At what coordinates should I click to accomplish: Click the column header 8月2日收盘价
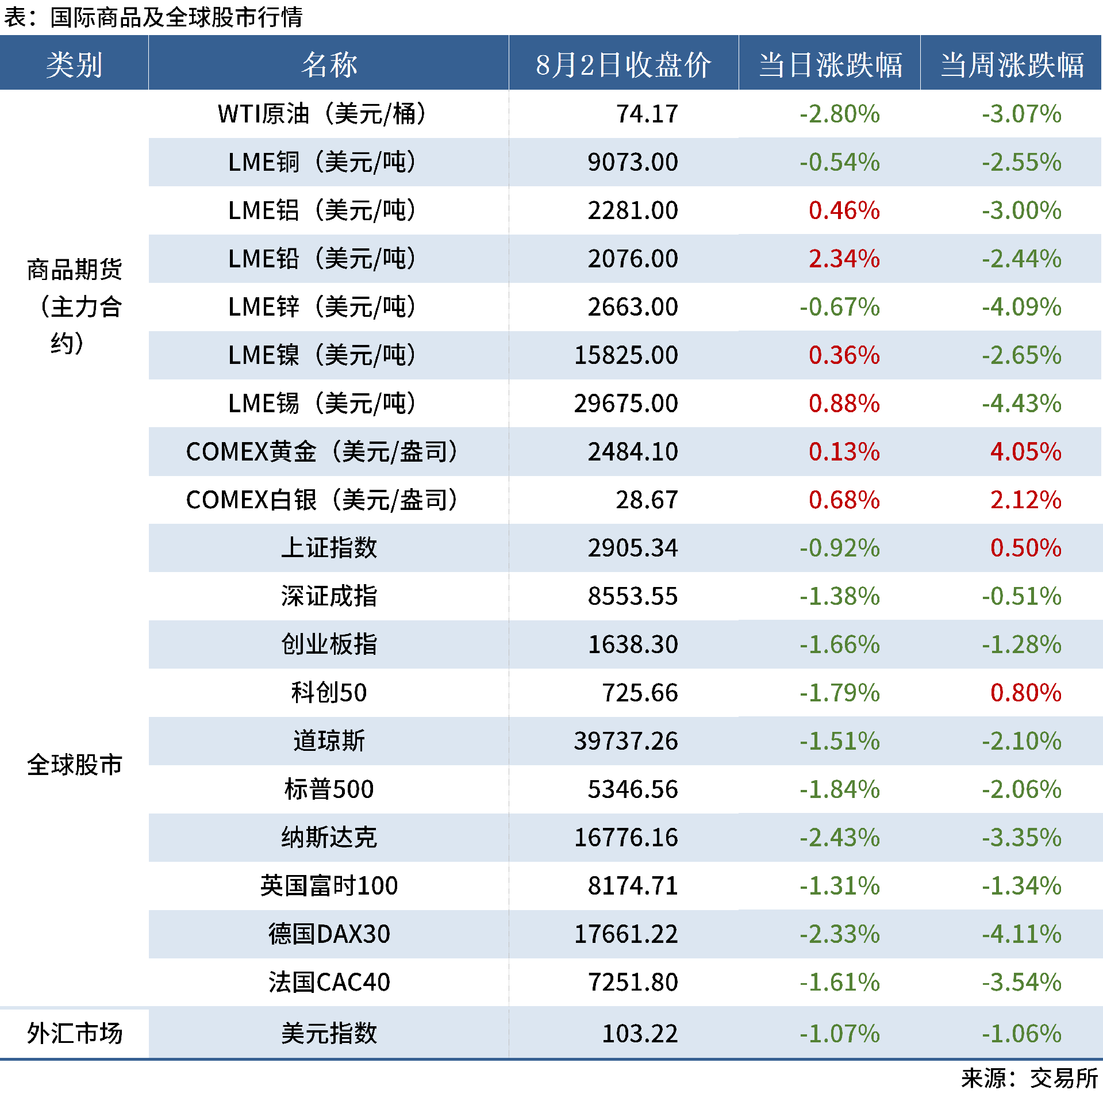tap(623, 64)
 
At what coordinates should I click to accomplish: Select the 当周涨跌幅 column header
tap(1012, 64)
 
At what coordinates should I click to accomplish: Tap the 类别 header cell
tap(74, 64)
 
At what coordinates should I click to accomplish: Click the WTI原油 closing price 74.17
tap(647, 114)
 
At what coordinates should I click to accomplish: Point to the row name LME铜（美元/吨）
tap(322, 162)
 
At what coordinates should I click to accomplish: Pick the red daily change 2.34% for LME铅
tap(844, 259)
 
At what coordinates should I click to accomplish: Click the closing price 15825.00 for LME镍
tap(626, 355)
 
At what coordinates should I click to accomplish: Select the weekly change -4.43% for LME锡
tap(1021, 404)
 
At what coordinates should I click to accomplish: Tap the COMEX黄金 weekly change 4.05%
tap(1025, 452)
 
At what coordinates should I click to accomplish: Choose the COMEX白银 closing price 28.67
tap(647, 500)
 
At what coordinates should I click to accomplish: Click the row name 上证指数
tap(329, 548)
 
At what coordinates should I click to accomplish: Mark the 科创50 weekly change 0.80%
tap(1025, 693)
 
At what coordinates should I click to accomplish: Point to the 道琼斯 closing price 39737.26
tap(626, 741)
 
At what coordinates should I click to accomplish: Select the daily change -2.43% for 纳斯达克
tap(840, 838)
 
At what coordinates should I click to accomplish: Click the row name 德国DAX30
tap(329, 934)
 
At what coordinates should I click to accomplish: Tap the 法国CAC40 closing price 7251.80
tap(633, 983)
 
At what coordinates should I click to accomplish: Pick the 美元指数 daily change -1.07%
tap(840, 1034)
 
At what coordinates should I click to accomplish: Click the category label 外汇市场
tap(75, 1034)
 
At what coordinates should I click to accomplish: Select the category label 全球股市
tap(75, 765)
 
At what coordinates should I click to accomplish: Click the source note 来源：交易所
tap(1029, 1079)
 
